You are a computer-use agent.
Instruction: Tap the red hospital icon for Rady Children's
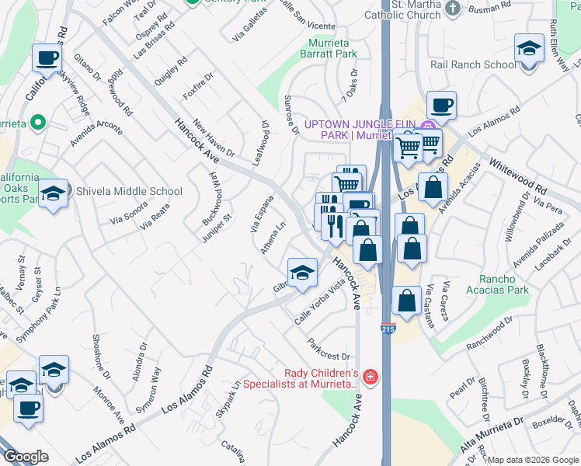coord(371,377)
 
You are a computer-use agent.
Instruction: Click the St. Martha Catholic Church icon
coord(454,9)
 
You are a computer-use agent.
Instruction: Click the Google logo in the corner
coord(26,457)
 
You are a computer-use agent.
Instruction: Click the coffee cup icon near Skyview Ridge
coord(47,57)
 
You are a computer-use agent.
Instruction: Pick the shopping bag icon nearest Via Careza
coord(406,299)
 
